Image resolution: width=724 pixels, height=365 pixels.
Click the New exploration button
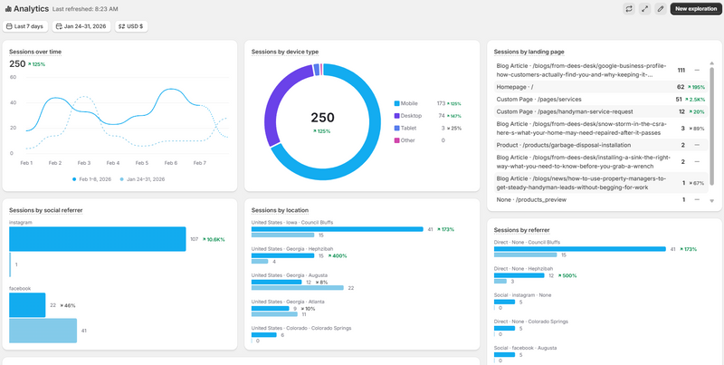click(x=695, y=8)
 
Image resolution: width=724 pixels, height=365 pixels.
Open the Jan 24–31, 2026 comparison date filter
click(x=81, y=26)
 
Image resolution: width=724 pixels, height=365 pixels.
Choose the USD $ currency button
click(x=132, y=26)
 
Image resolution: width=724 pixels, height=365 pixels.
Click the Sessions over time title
click(x=35, y=52)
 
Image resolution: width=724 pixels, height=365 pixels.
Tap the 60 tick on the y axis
click(x=13, y=78)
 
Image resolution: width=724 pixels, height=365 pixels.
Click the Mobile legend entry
click(x=408, y=103)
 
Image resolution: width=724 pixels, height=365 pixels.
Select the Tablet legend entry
click(x=408, y=128)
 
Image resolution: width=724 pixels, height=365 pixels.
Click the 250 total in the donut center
click(x=323, y=117)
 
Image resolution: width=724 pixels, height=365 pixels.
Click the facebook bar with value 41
click(x=43, y=331)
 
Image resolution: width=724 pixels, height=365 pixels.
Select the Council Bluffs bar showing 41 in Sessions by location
click(x=338, y=229)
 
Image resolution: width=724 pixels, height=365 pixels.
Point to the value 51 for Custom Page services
click(x=679, y=99)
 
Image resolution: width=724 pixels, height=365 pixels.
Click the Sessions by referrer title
click(x=523, y=230)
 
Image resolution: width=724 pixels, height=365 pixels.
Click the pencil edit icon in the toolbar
click(x=660, y=8)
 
